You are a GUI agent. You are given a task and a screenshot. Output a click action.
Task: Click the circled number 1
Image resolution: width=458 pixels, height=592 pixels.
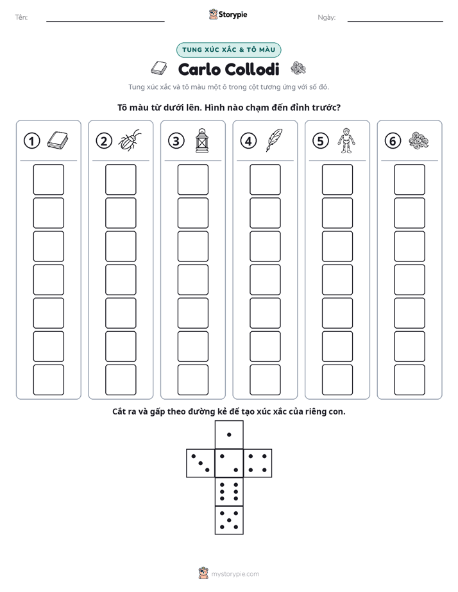click(31, 141)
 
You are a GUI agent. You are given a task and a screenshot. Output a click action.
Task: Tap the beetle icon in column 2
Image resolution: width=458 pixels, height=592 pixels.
click(130, 140)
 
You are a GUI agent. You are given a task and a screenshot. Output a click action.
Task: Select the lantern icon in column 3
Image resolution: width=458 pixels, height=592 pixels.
click(202, 140)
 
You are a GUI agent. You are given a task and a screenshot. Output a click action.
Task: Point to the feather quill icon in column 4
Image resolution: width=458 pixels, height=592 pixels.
click(274, 140)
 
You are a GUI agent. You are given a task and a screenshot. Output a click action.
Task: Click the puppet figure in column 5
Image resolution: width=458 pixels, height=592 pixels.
click(346, 140)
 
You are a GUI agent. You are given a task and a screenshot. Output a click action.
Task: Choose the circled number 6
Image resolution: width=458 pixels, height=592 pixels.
click(393, 141)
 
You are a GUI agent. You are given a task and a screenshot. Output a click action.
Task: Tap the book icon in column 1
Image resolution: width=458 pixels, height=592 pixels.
click(58, 140)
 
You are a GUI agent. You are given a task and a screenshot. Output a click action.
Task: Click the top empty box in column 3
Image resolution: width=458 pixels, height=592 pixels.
click(192, 179)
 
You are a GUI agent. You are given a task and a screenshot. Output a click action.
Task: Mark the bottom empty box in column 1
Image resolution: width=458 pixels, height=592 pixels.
click(48, 380)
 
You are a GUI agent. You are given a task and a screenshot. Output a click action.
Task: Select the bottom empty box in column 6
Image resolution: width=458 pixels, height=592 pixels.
click(409, 380)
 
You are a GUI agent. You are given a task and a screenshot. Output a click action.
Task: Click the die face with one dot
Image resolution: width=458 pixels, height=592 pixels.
click(229, 434)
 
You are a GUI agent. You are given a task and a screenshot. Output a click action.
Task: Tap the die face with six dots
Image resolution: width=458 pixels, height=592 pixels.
click(229, 491)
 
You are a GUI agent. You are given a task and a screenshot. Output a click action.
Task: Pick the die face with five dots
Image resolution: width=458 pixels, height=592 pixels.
click(229, 520)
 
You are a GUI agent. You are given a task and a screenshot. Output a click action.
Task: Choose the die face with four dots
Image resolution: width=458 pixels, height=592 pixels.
click(258, 463)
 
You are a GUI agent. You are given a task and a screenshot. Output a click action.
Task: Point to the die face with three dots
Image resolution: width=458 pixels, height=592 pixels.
click(201, 463)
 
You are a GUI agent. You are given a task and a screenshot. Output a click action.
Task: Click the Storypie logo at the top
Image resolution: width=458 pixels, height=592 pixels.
click(228, 14)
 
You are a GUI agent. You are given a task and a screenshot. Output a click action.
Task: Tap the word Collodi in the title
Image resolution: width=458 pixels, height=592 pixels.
click(253, 69)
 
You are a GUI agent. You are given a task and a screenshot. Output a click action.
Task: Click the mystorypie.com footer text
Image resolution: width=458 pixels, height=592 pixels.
click(235, 574)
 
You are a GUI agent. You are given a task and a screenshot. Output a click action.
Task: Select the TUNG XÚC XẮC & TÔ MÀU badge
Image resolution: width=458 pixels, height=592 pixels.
click(228, 50)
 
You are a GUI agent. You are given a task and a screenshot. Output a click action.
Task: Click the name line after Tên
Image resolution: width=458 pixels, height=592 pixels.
click(105, 21)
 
